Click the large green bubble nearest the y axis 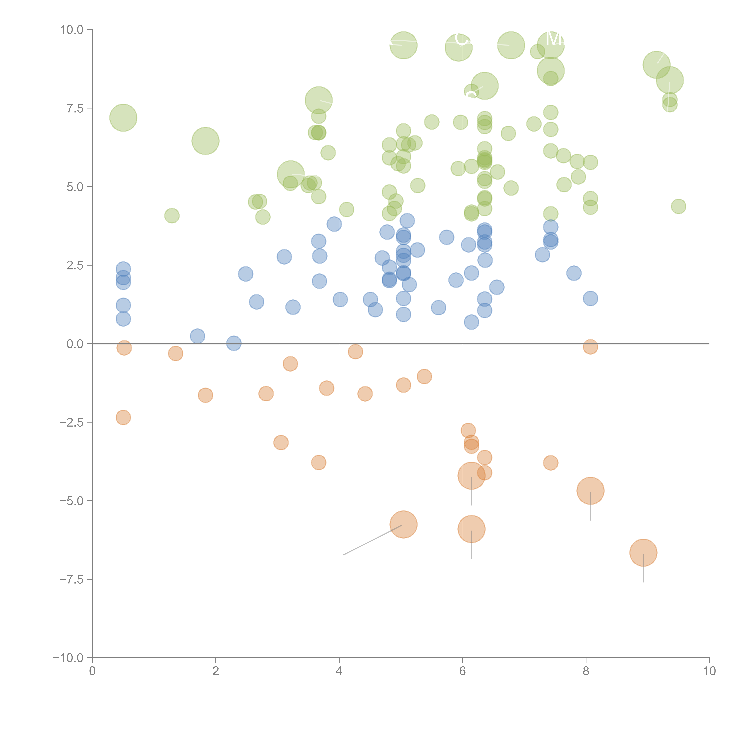pos(123,118)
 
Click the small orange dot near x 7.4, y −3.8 pos(550,463)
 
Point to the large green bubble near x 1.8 pos(205,141)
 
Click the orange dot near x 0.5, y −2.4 pos(123,417)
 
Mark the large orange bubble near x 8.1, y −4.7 pos(590,491)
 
